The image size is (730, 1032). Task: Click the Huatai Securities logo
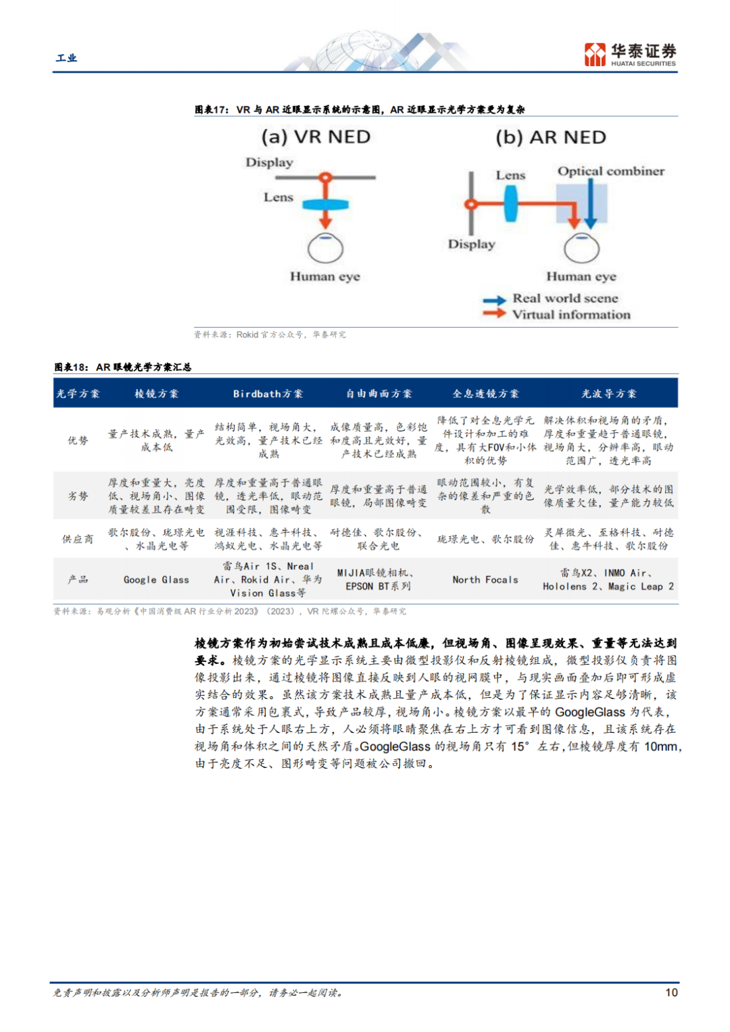(x=629, y=54)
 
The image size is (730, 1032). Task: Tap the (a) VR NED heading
(x=316, y=137)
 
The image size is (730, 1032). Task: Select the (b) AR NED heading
(x=550, y=138)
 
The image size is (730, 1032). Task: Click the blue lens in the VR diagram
(x=325, y=204)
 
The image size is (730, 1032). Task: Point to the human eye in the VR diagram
(x=326, y=249)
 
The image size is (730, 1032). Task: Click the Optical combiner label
(x=610, y=172)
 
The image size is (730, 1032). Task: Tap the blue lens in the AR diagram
(x=510, y=203)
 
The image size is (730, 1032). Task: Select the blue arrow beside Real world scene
(x=494, y=300)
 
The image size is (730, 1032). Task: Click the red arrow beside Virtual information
(x=494, y=313)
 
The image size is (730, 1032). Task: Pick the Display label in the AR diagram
(x=471, y=244)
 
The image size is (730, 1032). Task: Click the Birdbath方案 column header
(x=268, y=394)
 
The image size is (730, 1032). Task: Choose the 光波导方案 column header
(x=608, y=394)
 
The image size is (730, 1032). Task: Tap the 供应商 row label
(x=78, y=539)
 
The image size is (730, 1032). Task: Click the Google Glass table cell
(x=156, y=579)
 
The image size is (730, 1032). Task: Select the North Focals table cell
(x=485, y=579)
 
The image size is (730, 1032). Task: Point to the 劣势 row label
(x=78, y=496)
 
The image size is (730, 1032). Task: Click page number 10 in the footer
(x=671, y=992)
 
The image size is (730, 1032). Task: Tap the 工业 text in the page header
(x=66, y=58)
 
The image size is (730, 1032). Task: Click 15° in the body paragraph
(x=520, y=746)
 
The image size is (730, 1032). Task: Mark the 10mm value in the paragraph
(x=660, y=746)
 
